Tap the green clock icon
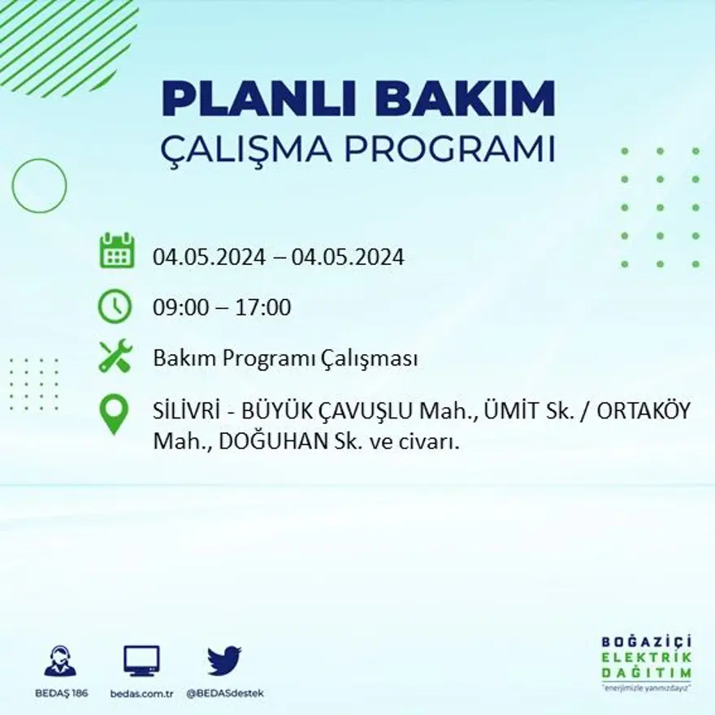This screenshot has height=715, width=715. [x=115, y=306]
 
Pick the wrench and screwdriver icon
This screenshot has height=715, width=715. [x=115, y=357]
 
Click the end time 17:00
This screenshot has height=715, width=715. [x=263, y=308]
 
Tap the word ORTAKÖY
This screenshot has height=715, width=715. [x=643, y=411]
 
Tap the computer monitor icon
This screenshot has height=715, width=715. [x=142, y=661]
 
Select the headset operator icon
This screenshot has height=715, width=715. [x=60, y=661]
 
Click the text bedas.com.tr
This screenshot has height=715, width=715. [x=142, y=693]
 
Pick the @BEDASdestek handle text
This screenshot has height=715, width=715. [x=225, y=693]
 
